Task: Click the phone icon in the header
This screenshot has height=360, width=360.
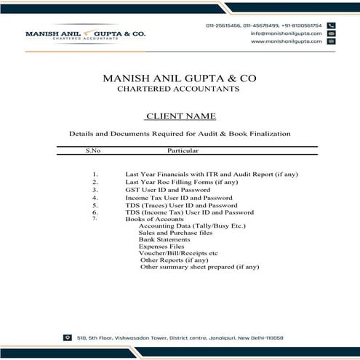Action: point(331,25)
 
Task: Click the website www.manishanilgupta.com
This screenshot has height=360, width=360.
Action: point(286,41)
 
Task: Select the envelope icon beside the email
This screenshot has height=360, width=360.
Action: point(331,33)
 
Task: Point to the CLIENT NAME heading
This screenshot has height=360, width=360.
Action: point(180,116)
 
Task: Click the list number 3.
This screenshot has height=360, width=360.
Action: point(95,190)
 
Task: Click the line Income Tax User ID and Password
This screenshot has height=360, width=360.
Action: point(179,198)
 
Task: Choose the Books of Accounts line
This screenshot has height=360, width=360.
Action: point(155,219)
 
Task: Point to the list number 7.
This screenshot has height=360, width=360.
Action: point(95,218)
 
